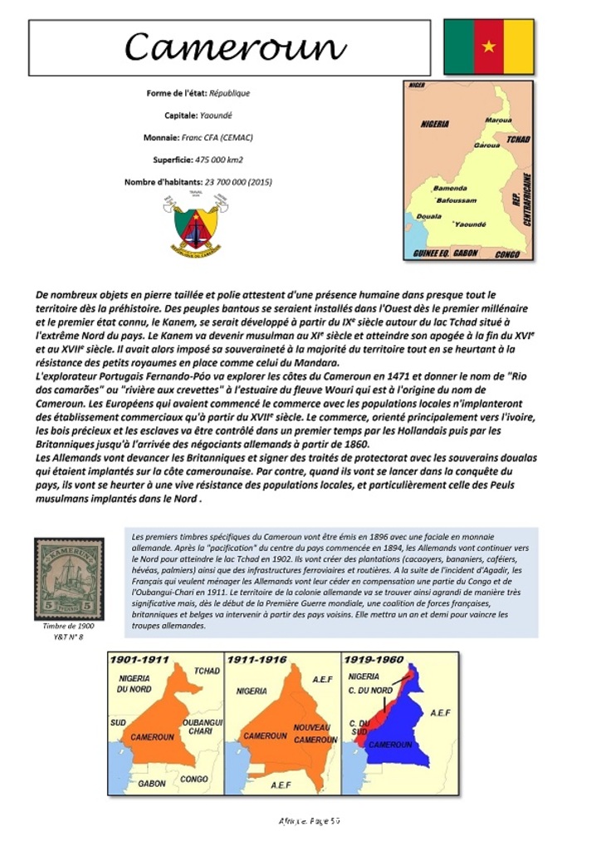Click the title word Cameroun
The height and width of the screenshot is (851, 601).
click(x=235, y=48)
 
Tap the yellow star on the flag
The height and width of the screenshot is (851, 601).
click(x=489, y=47)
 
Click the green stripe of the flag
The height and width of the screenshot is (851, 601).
click(x=458, y=47)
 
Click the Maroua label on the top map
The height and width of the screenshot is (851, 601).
click(x=497, y=121)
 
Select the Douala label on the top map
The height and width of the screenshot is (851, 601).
click(x=428, y=216)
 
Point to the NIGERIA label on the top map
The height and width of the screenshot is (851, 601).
click(x=435, y=124)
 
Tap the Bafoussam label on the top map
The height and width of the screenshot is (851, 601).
click(x=456, y=200)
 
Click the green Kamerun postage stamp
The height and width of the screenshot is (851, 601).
click(x=69, y=578)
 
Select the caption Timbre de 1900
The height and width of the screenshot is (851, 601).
click(x=69, y=626)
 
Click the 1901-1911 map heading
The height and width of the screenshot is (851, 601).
click(x=140, y=659)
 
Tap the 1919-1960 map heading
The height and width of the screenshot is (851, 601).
click(x=375, y=659)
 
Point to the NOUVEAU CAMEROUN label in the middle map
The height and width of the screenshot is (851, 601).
click(x=315, y=733)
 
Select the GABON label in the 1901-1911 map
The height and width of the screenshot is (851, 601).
click(x=152, y=782)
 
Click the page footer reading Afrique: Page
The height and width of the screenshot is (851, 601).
click(x=309, y=820)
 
